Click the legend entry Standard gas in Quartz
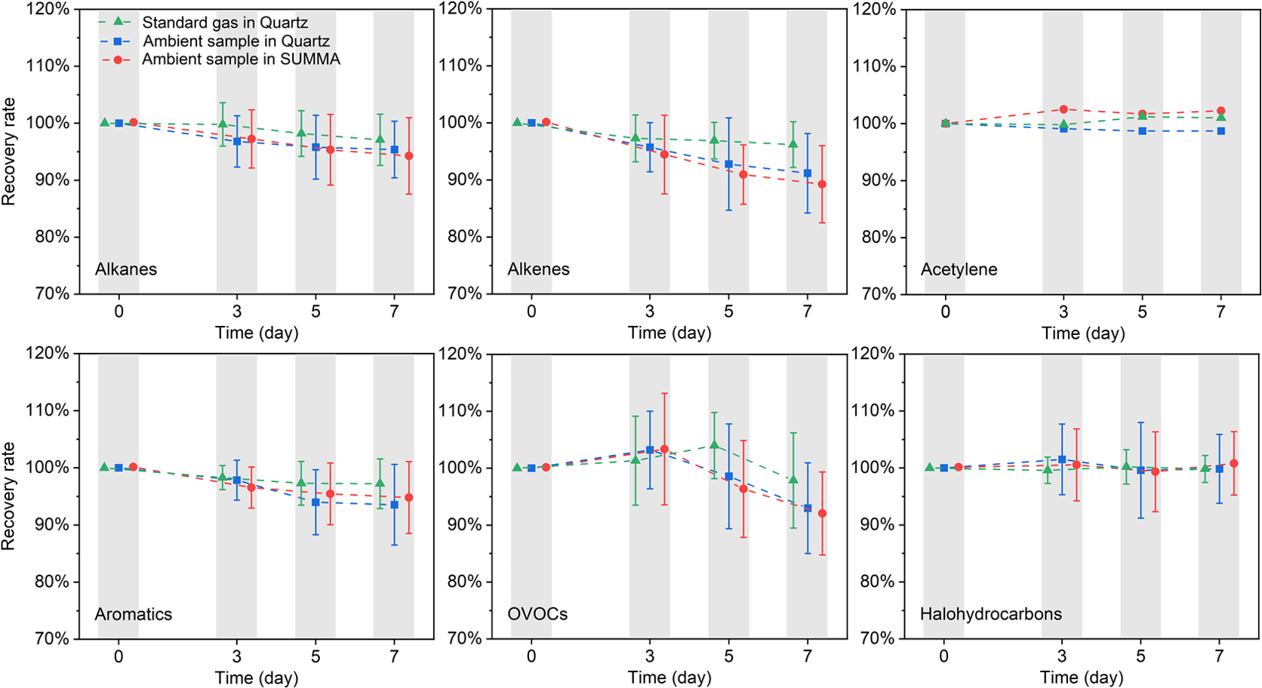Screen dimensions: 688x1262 225,23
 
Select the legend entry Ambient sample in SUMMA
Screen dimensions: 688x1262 241,59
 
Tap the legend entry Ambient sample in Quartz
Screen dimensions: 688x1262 235,41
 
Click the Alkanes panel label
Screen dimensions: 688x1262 126,269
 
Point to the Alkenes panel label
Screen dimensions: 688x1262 538,269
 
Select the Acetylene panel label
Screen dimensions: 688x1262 959,269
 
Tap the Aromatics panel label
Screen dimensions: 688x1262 134,614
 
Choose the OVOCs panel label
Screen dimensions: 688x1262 537,614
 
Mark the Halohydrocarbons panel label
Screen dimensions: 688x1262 990,614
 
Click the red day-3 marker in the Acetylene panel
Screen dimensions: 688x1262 1063,109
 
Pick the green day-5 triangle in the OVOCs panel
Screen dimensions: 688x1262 714,445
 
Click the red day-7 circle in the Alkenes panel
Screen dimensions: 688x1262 822,184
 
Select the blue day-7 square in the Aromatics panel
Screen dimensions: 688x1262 394,505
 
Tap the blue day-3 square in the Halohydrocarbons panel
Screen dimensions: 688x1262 1062,459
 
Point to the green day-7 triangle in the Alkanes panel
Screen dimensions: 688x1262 380,140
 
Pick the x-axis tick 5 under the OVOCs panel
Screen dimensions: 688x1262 728,656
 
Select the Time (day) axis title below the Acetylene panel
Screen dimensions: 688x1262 1083,333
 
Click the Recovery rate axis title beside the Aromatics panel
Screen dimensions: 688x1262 8,496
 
